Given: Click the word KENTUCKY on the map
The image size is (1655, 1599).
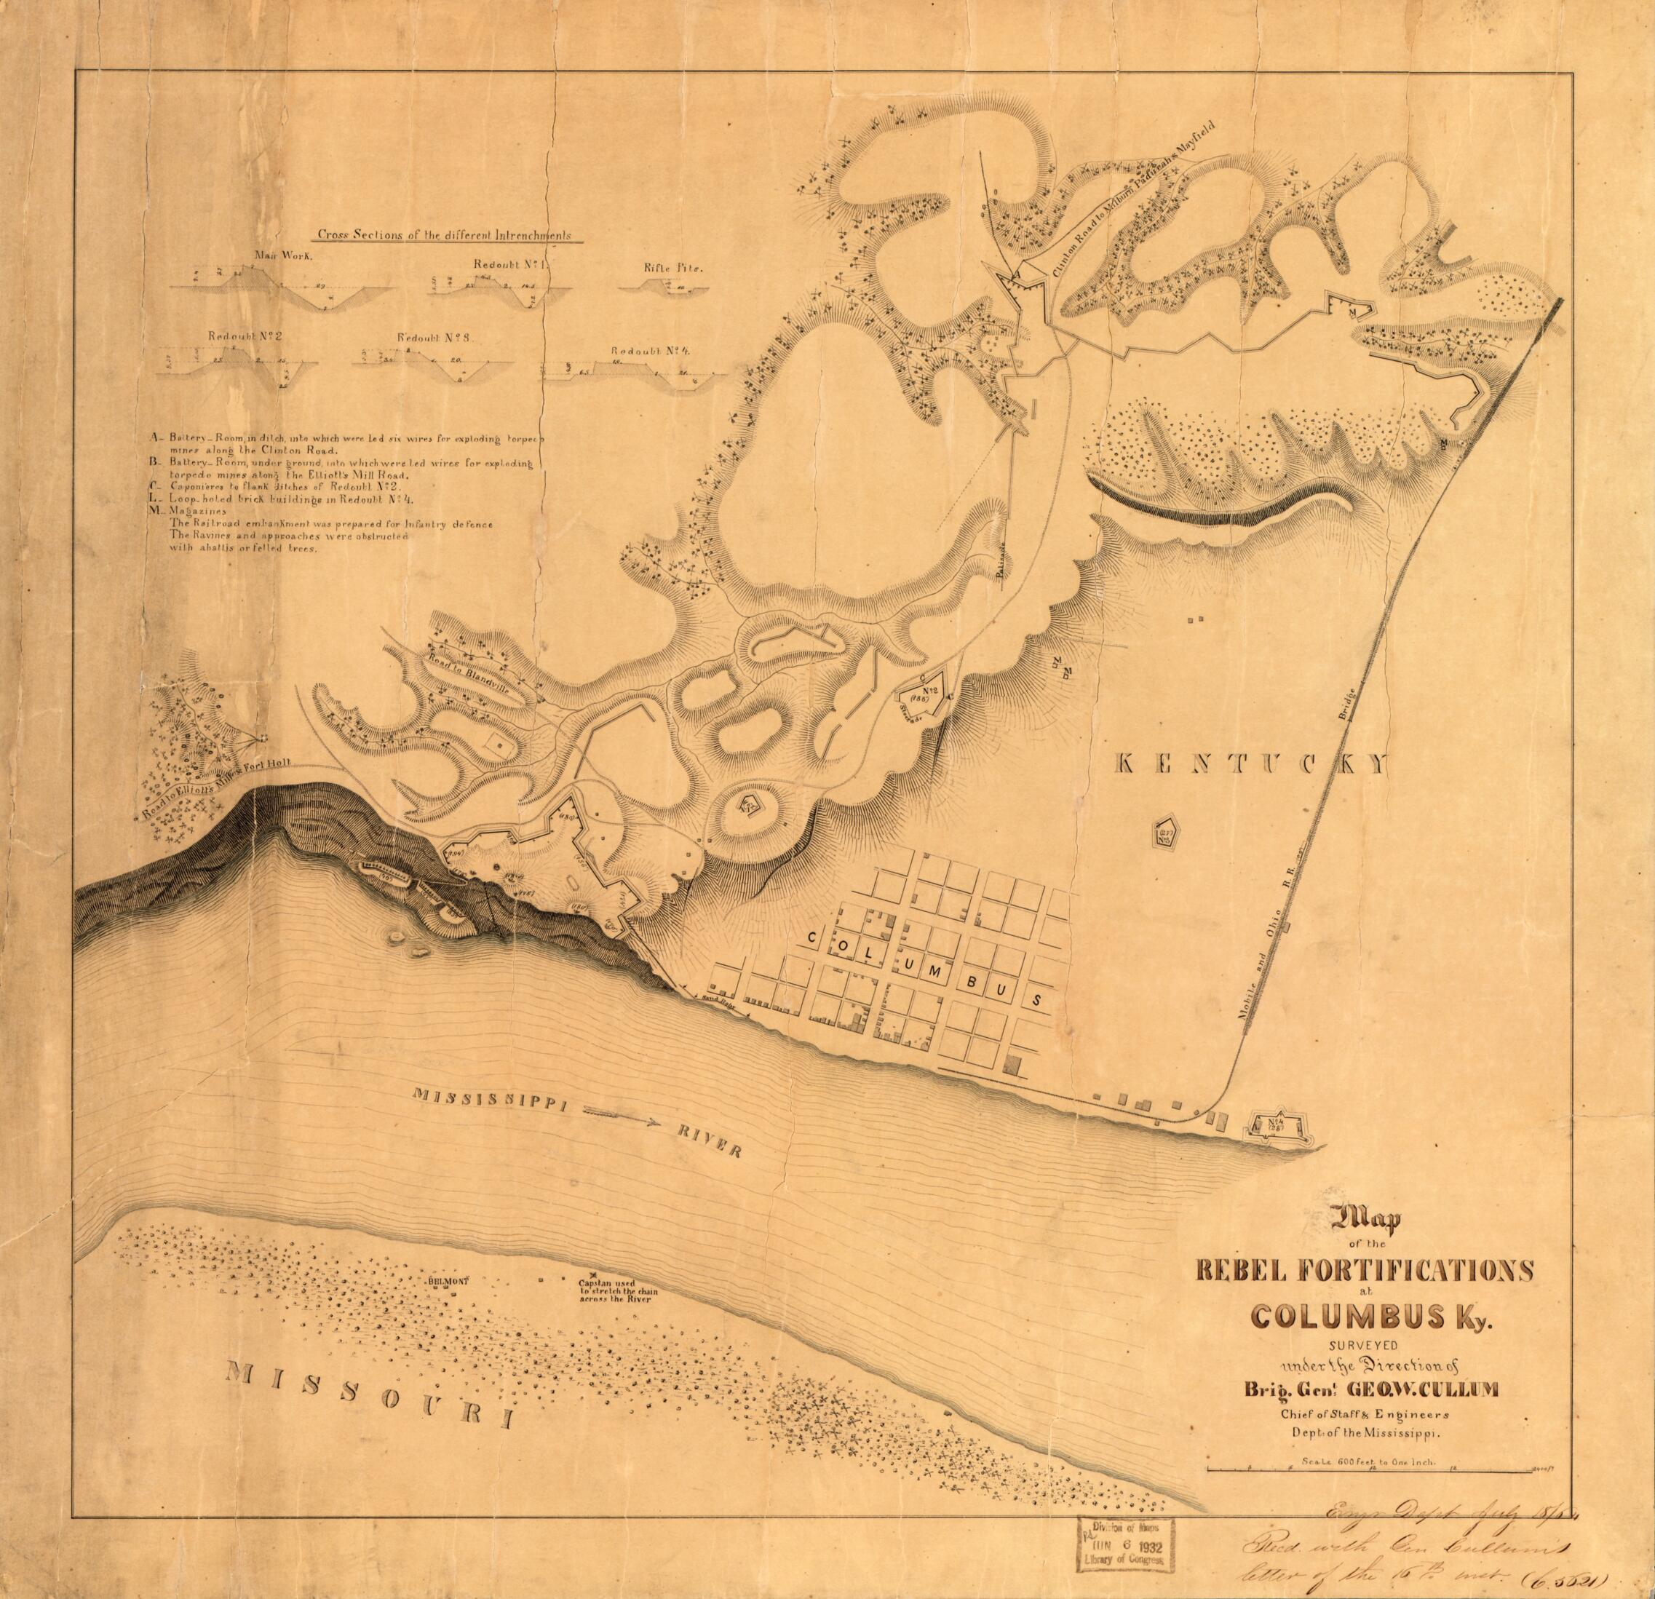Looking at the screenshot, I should click(1250, 765).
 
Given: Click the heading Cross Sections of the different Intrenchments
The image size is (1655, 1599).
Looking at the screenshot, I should click(443, 236).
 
